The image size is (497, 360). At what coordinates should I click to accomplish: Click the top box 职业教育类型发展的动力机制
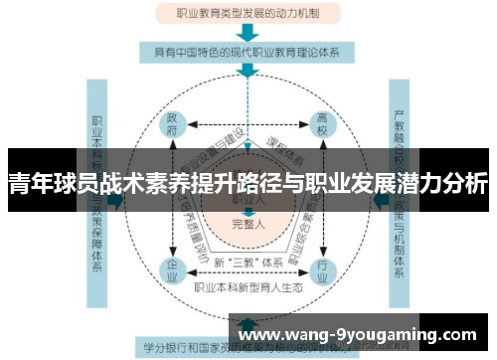click(x=248, y=14)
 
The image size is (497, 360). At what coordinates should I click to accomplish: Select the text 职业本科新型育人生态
click(x=248, y=286)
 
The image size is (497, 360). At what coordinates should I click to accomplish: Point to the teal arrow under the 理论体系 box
click(x=248, y=71)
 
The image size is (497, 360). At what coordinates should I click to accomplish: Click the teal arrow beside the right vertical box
click(x=380, y=199)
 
